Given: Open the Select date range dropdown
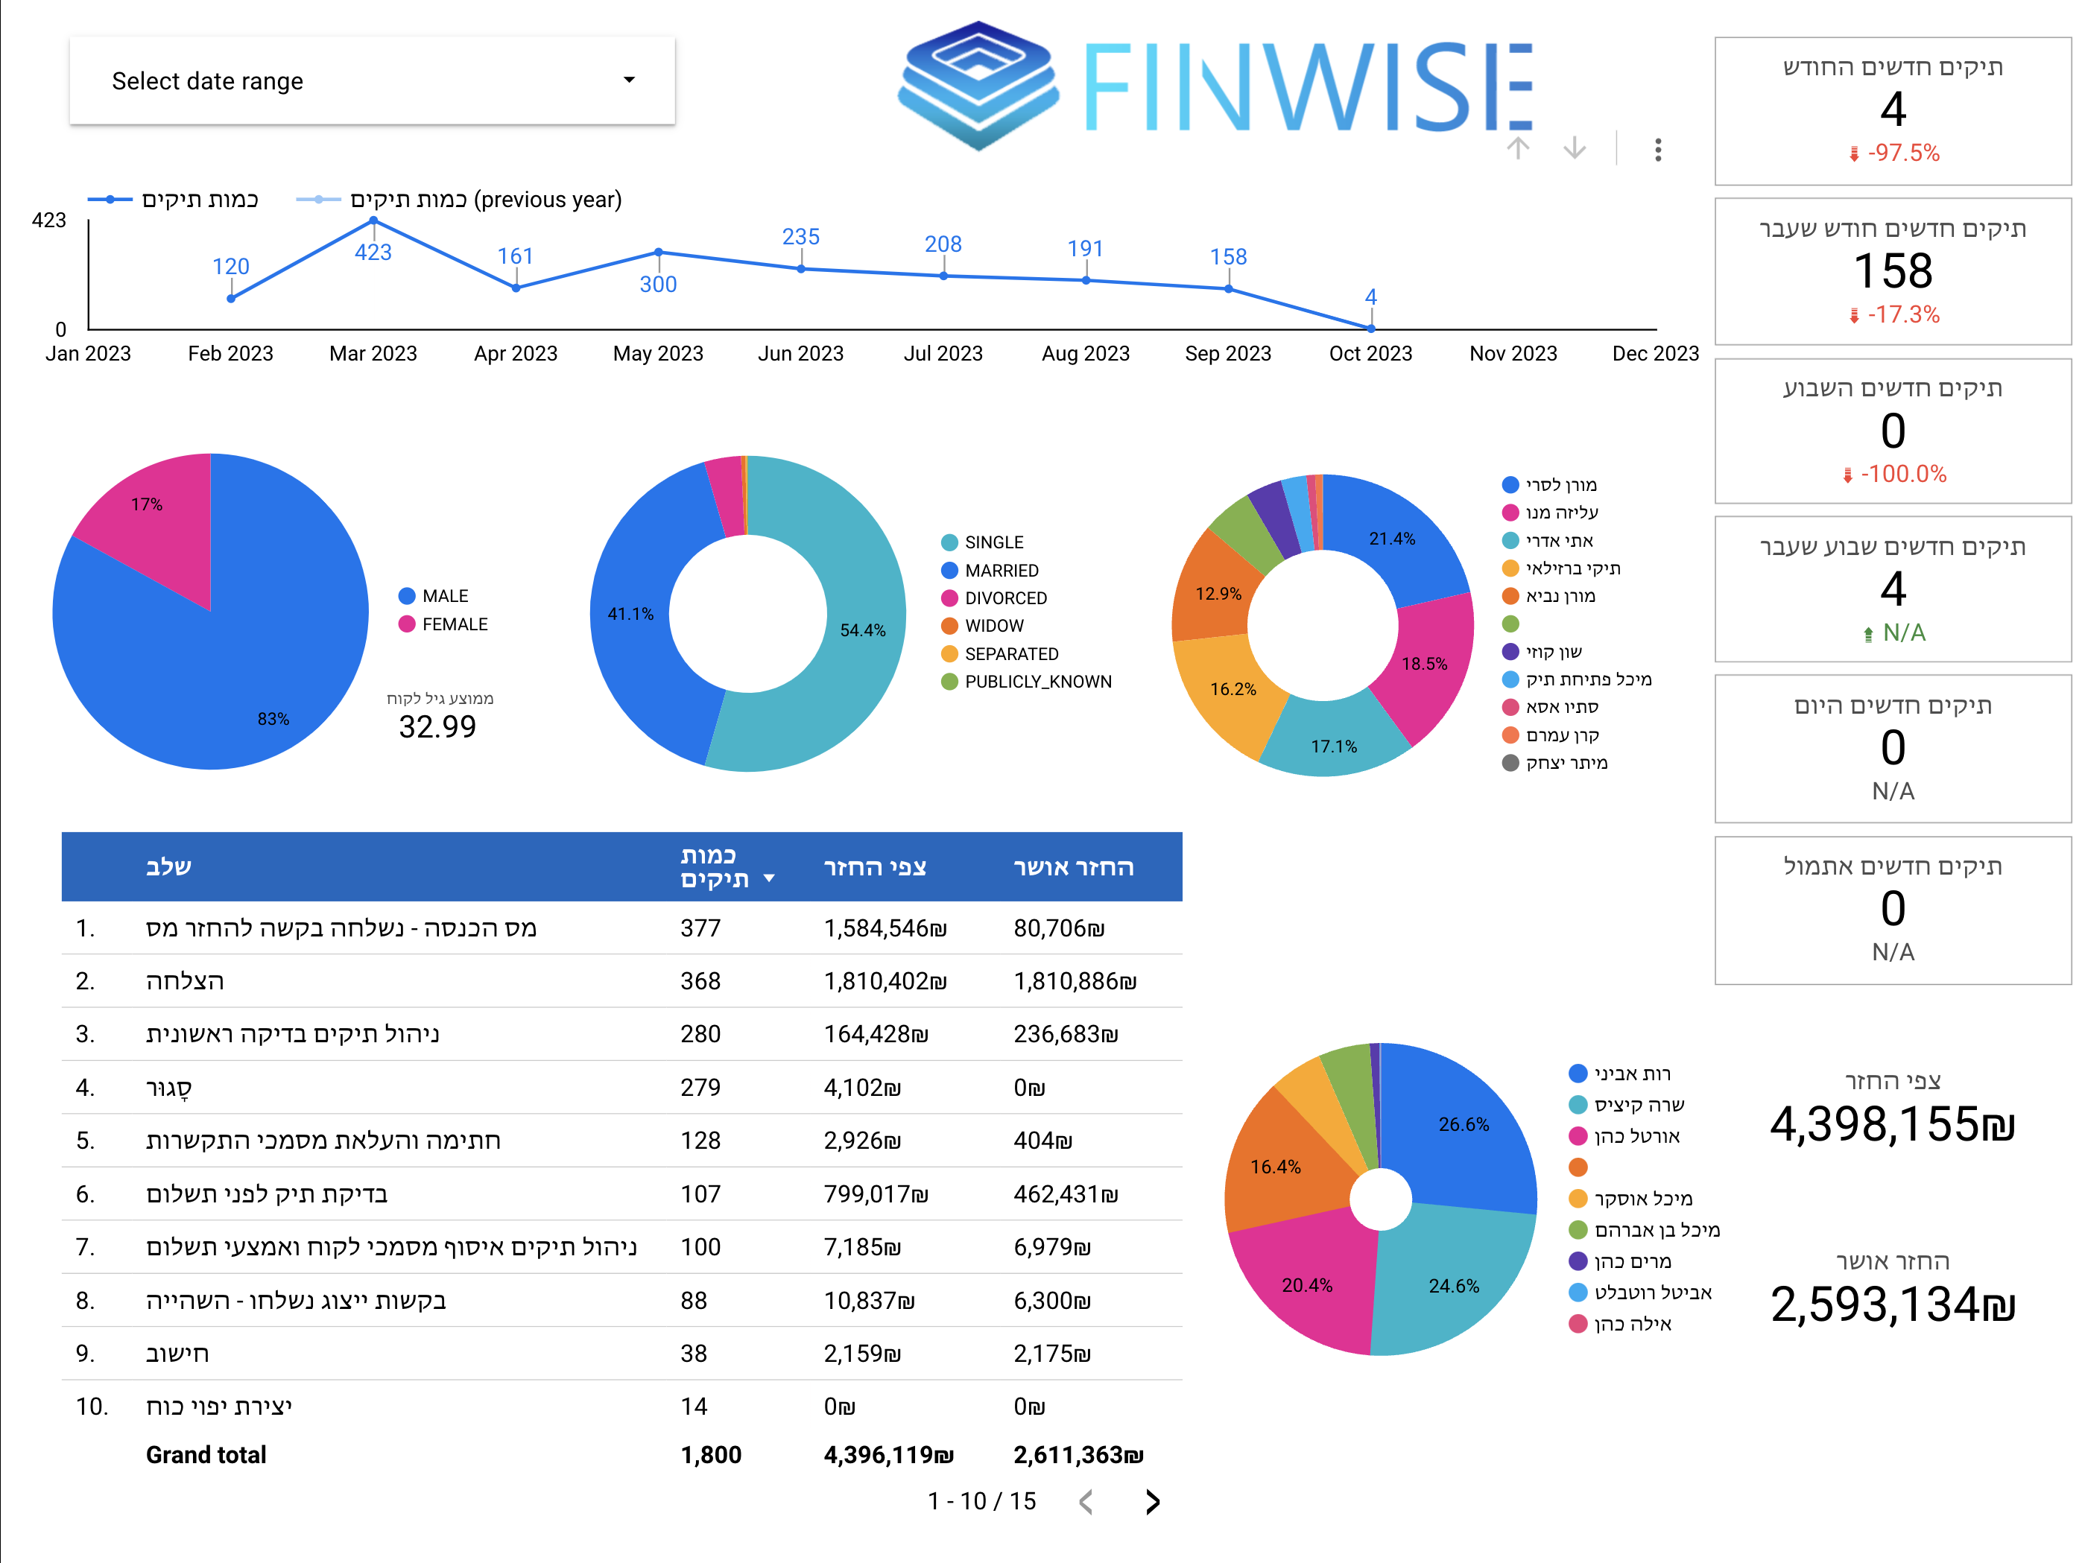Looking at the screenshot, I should [x=372, y=81].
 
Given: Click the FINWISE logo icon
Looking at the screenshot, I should [x=979, y=85].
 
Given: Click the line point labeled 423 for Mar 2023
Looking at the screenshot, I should [x=373, y=221].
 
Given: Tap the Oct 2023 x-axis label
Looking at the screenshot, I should [x=1370, y=354].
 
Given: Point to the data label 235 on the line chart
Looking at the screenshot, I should [x=800, y=237].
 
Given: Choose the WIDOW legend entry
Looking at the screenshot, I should [x=993, y=626].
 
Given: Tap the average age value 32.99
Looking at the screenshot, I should [x=437, y=726].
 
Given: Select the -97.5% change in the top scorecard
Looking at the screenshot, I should [x=1902, y=153].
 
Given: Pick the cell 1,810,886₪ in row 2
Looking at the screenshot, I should [x=1074, y=981].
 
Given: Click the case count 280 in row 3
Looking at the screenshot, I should [x=700, y=1034].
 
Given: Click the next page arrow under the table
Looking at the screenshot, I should [x=1152, y=1502].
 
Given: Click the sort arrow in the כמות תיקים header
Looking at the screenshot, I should [x=769, y=879].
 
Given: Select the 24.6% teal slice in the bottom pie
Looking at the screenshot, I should [x=1452, y=1285].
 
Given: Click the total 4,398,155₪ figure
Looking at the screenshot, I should [x=1891, y=1124].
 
